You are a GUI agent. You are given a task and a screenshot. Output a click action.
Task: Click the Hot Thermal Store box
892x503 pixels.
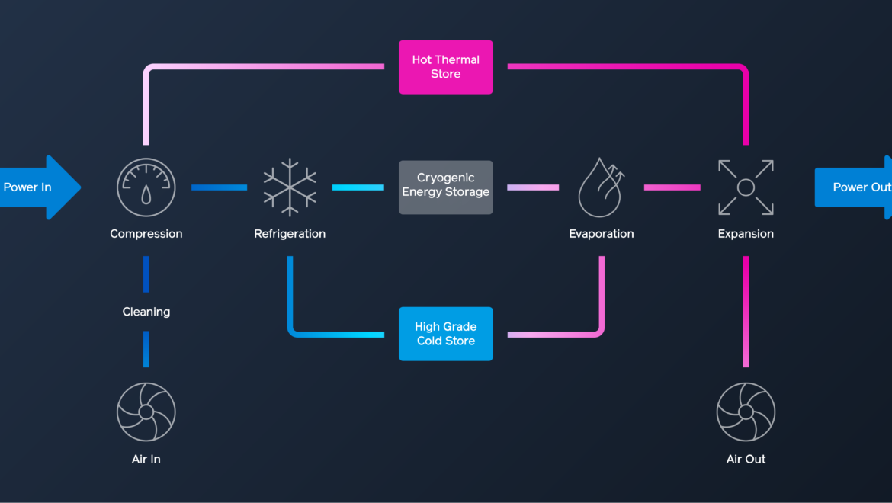(x=445, y=67)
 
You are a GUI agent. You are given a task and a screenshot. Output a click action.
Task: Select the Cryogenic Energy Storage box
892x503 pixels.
(x=445, y=187)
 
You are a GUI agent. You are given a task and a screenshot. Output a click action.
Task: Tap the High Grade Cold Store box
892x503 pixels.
(x=445, y=334)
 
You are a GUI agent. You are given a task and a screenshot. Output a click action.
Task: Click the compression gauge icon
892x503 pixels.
(x=146, y=187)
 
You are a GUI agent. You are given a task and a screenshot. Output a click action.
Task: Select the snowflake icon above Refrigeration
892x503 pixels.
(x=290, y=187)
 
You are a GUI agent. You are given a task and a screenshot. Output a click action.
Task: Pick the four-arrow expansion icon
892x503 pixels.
(x=746, y=187)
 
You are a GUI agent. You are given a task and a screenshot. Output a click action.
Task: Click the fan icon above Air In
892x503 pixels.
(x=146, y=412)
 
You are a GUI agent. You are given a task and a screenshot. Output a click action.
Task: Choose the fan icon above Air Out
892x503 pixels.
(x=746, y=412)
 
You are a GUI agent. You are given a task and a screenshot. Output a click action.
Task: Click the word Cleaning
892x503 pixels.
(x=146, y=312)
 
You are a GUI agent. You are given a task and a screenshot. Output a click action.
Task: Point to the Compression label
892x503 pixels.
(x=146, y=234)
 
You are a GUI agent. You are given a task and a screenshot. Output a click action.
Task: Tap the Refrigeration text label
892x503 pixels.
(x=290, y=234)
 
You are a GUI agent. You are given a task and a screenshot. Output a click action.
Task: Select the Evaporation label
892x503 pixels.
(x=602, y=234)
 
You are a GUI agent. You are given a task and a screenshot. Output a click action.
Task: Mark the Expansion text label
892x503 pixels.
(x=746, y=234)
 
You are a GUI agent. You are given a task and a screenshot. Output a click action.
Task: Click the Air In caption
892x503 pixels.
(x=146, y=459)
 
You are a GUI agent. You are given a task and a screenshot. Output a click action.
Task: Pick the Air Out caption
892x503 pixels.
(x=746, y=459)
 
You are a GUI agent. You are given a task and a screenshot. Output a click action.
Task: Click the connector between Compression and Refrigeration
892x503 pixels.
(x=219, y=187)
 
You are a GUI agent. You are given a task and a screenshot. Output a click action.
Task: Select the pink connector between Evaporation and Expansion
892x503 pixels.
(x=672, y=187)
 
